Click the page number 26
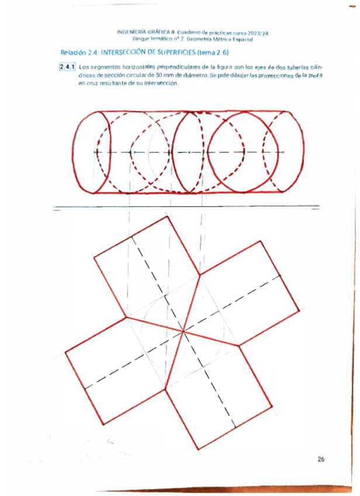tap(321, 459)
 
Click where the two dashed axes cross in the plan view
tap(184, 332)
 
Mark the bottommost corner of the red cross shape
tap(199, 449)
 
